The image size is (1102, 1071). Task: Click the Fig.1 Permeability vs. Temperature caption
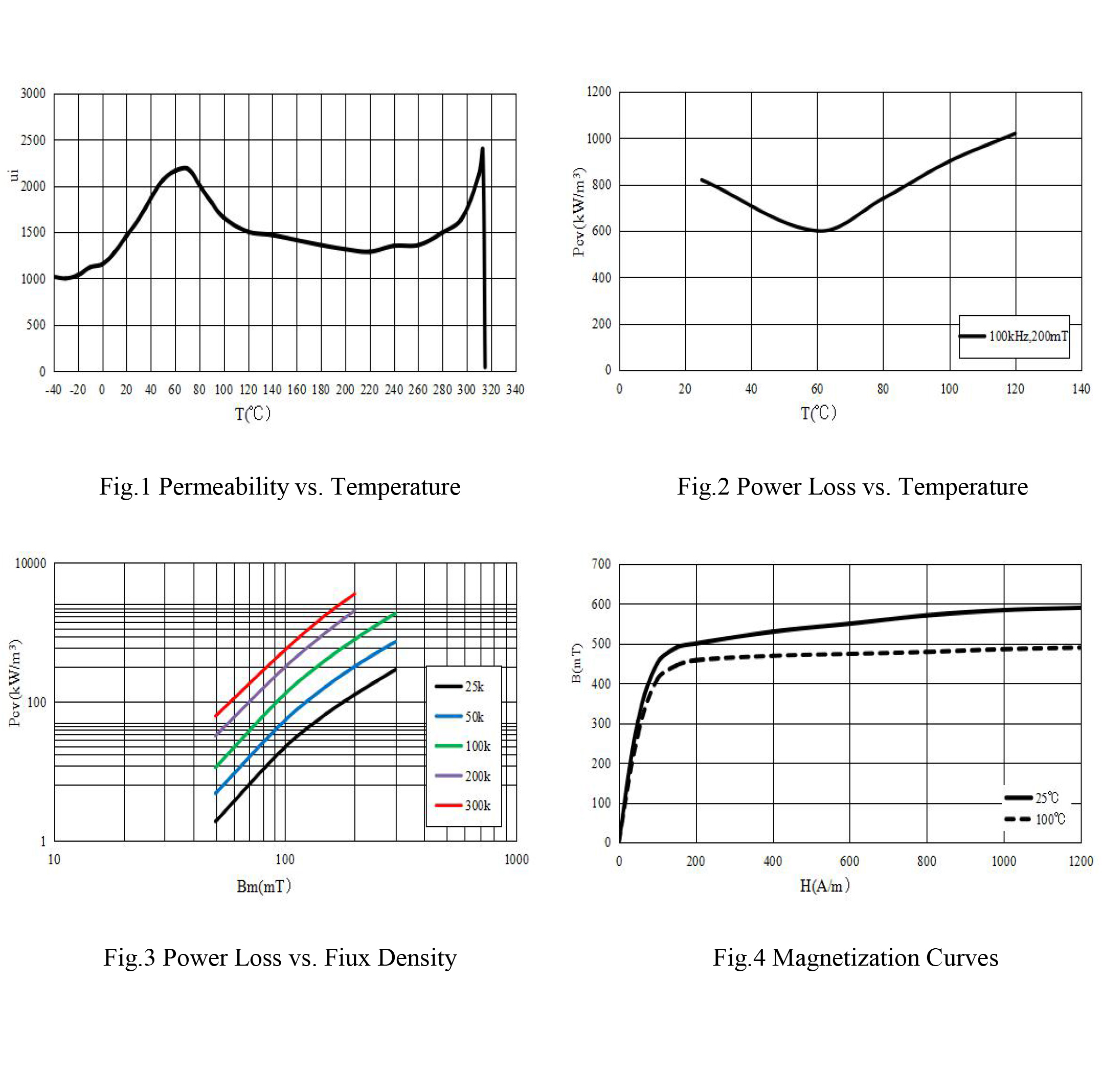tap(280, 486)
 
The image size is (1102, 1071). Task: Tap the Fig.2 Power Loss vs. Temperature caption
tap(852, 486)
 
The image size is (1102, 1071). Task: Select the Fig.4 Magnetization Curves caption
tap(855, 958)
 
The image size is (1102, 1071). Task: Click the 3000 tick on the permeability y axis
tap(33, 94)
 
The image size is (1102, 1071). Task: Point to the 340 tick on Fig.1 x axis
tap(515, 390)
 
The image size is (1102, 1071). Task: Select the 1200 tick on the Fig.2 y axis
tap(598, 92)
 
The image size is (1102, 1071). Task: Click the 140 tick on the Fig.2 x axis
tap(1081, 389)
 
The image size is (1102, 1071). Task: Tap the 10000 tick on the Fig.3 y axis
tap(30, 564)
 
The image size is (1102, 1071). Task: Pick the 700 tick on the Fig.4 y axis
tap(601, 564)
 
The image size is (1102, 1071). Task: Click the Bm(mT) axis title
tap(263, 886)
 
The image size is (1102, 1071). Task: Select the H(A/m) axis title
tap(824, 886)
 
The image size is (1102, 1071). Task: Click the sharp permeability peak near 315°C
tap(482, 149)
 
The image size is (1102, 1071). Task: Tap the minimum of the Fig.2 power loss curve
tap(821, 231)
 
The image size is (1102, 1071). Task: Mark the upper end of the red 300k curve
tap(354, 593)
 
